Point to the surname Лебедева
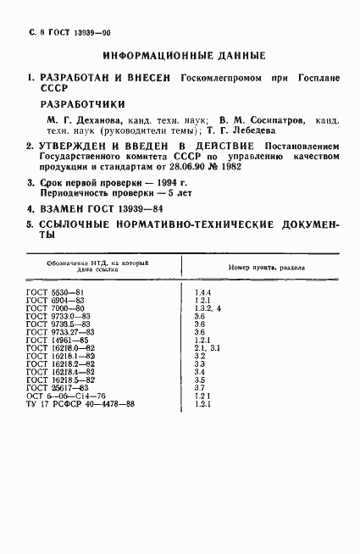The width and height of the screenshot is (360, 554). [251, 131]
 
